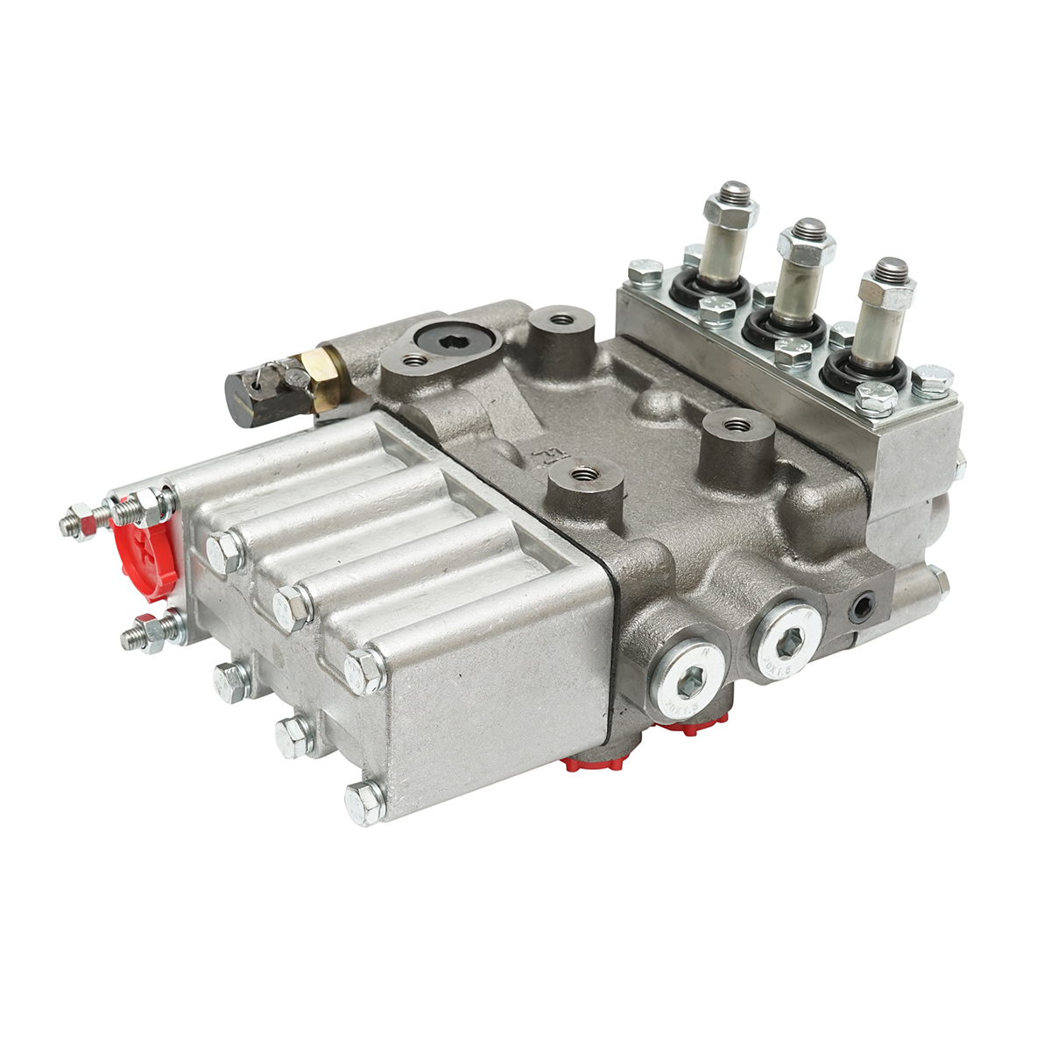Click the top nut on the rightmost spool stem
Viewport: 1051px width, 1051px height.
coord(887,285)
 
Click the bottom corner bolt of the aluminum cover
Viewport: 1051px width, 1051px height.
coord(364,801)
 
